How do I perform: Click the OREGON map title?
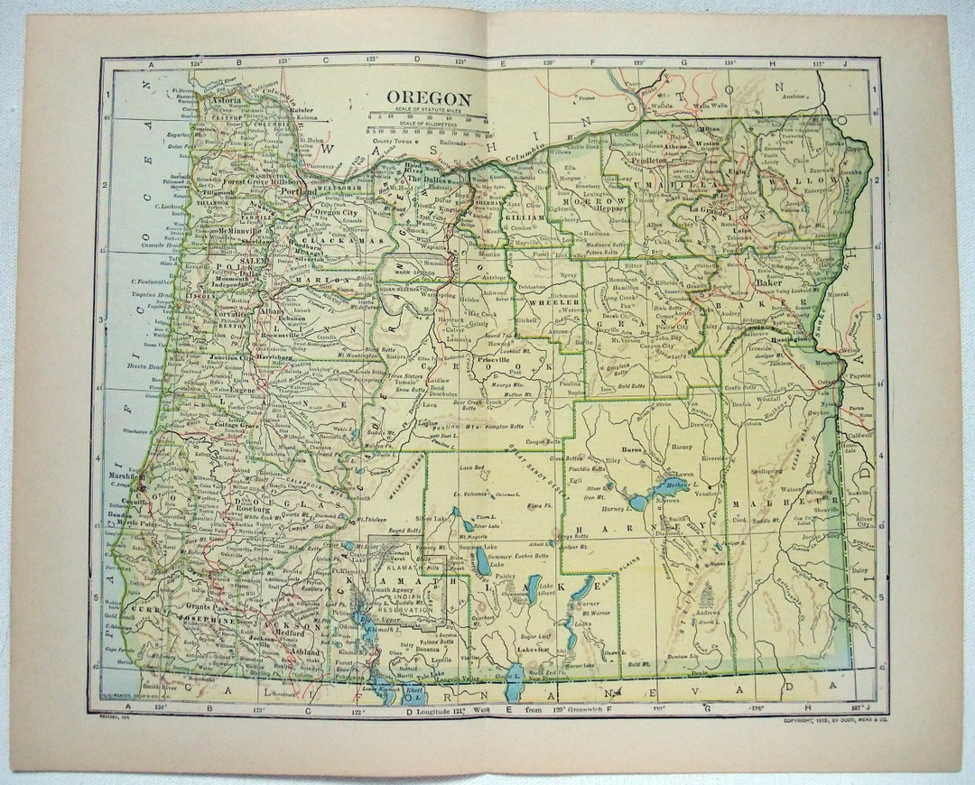pyautogui.click(x=429, y=98)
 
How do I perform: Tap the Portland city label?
pyautogui.click(x=299, y=191)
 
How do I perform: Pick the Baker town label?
pyautogui.click(x=769, y=282)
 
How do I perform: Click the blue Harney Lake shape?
pyautogui.click(x=638, y=501)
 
